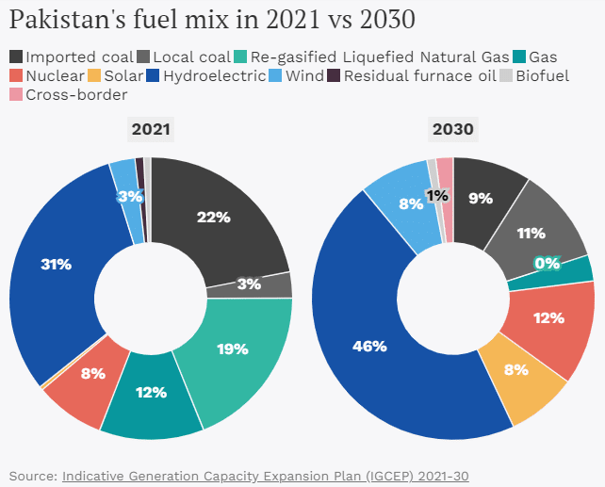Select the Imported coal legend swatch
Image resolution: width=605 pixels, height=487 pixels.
tap(16, 57)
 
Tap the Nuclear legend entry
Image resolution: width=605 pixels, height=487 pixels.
tap(48, 75)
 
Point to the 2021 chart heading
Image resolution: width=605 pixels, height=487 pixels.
tap(151, 129)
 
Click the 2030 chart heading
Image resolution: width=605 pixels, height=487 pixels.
tap(453, 129)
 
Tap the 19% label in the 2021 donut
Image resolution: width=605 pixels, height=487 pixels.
tap(231, 349)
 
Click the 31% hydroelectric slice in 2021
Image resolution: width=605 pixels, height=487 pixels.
tap(57, 265)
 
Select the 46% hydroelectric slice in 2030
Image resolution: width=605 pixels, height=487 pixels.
tap(369, 347)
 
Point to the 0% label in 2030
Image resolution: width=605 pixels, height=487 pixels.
tap(547, 265)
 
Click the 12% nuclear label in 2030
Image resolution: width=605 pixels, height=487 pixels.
tap(548, 318)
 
